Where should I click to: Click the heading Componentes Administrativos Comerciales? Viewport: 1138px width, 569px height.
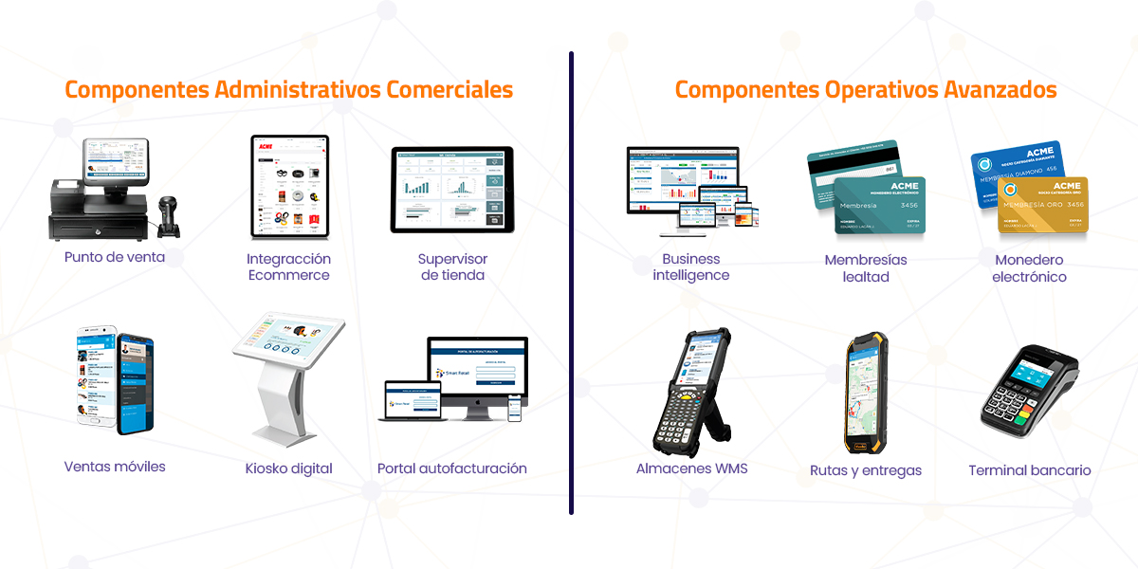[x=288, y=90]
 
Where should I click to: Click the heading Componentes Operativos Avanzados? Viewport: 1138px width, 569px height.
[x=865, y=90]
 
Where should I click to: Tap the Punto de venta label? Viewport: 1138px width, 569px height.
[x=115, y=257]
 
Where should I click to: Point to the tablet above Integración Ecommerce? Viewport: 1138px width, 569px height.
[x=289, y=186]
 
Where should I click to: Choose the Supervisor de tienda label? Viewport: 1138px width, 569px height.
[x=452, y=266]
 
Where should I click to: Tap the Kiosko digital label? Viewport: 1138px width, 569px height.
[x=288, y=468]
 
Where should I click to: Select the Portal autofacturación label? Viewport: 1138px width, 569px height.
[x=451, y=468]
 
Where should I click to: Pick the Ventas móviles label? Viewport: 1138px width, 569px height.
[x=115, y=467]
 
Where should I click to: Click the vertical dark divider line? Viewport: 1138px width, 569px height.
[x=571, y=284]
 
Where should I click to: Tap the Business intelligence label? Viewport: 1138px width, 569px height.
[x=690, y=266]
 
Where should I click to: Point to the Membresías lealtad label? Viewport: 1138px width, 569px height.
[x=865, y=268]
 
